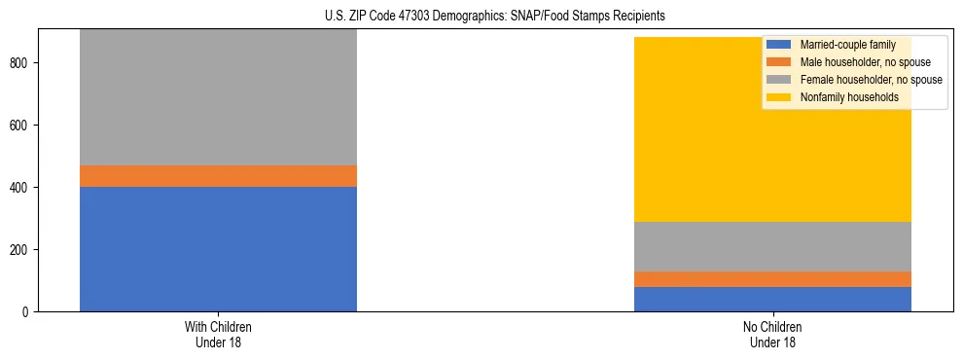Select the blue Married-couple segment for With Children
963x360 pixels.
[218, 248]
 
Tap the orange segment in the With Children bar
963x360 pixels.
[218, 176]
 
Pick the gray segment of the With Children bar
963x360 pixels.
[218, 97]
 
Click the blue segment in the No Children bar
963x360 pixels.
[772, 299]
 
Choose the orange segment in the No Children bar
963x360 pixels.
[772, 279]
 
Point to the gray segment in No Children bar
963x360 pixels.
[772, 246]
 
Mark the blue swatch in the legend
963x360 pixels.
[779, 45]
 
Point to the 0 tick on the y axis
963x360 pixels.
[26, 312]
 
